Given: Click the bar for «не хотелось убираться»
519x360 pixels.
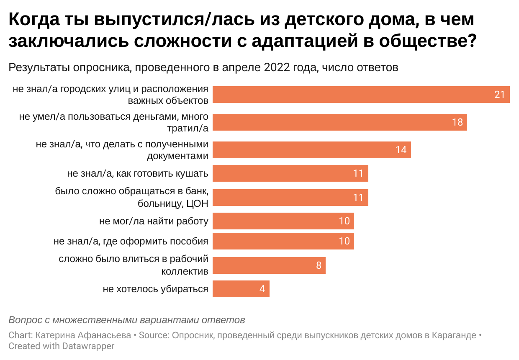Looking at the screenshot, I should [241, 289].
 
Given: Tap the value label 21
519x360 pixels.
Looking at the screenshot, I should [499, 95].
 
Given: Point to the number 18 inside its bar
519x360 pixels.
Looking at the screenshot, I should [457, 122].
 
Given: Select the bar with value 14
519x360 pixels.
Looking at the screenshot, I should [311, 149].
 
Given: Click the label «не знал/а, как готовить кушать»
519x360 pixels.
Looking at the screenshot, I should [138, 173].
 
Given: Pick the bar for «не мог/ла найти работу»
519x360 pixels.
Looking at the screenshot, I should [283, 221].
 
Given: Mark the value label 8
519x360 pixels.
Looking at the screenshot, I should [319, 265].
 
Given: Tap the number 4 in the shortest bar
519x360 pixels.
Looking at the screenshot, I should [262, 289].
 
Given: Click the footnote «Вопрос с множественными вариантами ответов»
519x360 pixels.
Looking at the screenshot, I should [126, 320].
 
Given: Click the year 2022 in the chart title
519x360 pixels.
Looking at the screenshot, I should [277, 68].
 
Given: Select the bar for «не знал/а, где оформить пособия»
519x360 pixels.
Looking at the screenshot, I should [283, 241].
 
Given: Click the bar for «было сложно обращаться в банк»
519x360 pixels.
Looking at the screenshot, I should [290, 198].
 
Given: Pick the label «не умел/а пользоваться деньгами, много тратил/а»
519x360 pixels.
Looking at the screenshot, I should [114, 122].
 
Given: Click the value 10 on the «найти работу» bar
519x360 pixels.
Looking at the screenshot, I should [344, 221].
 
